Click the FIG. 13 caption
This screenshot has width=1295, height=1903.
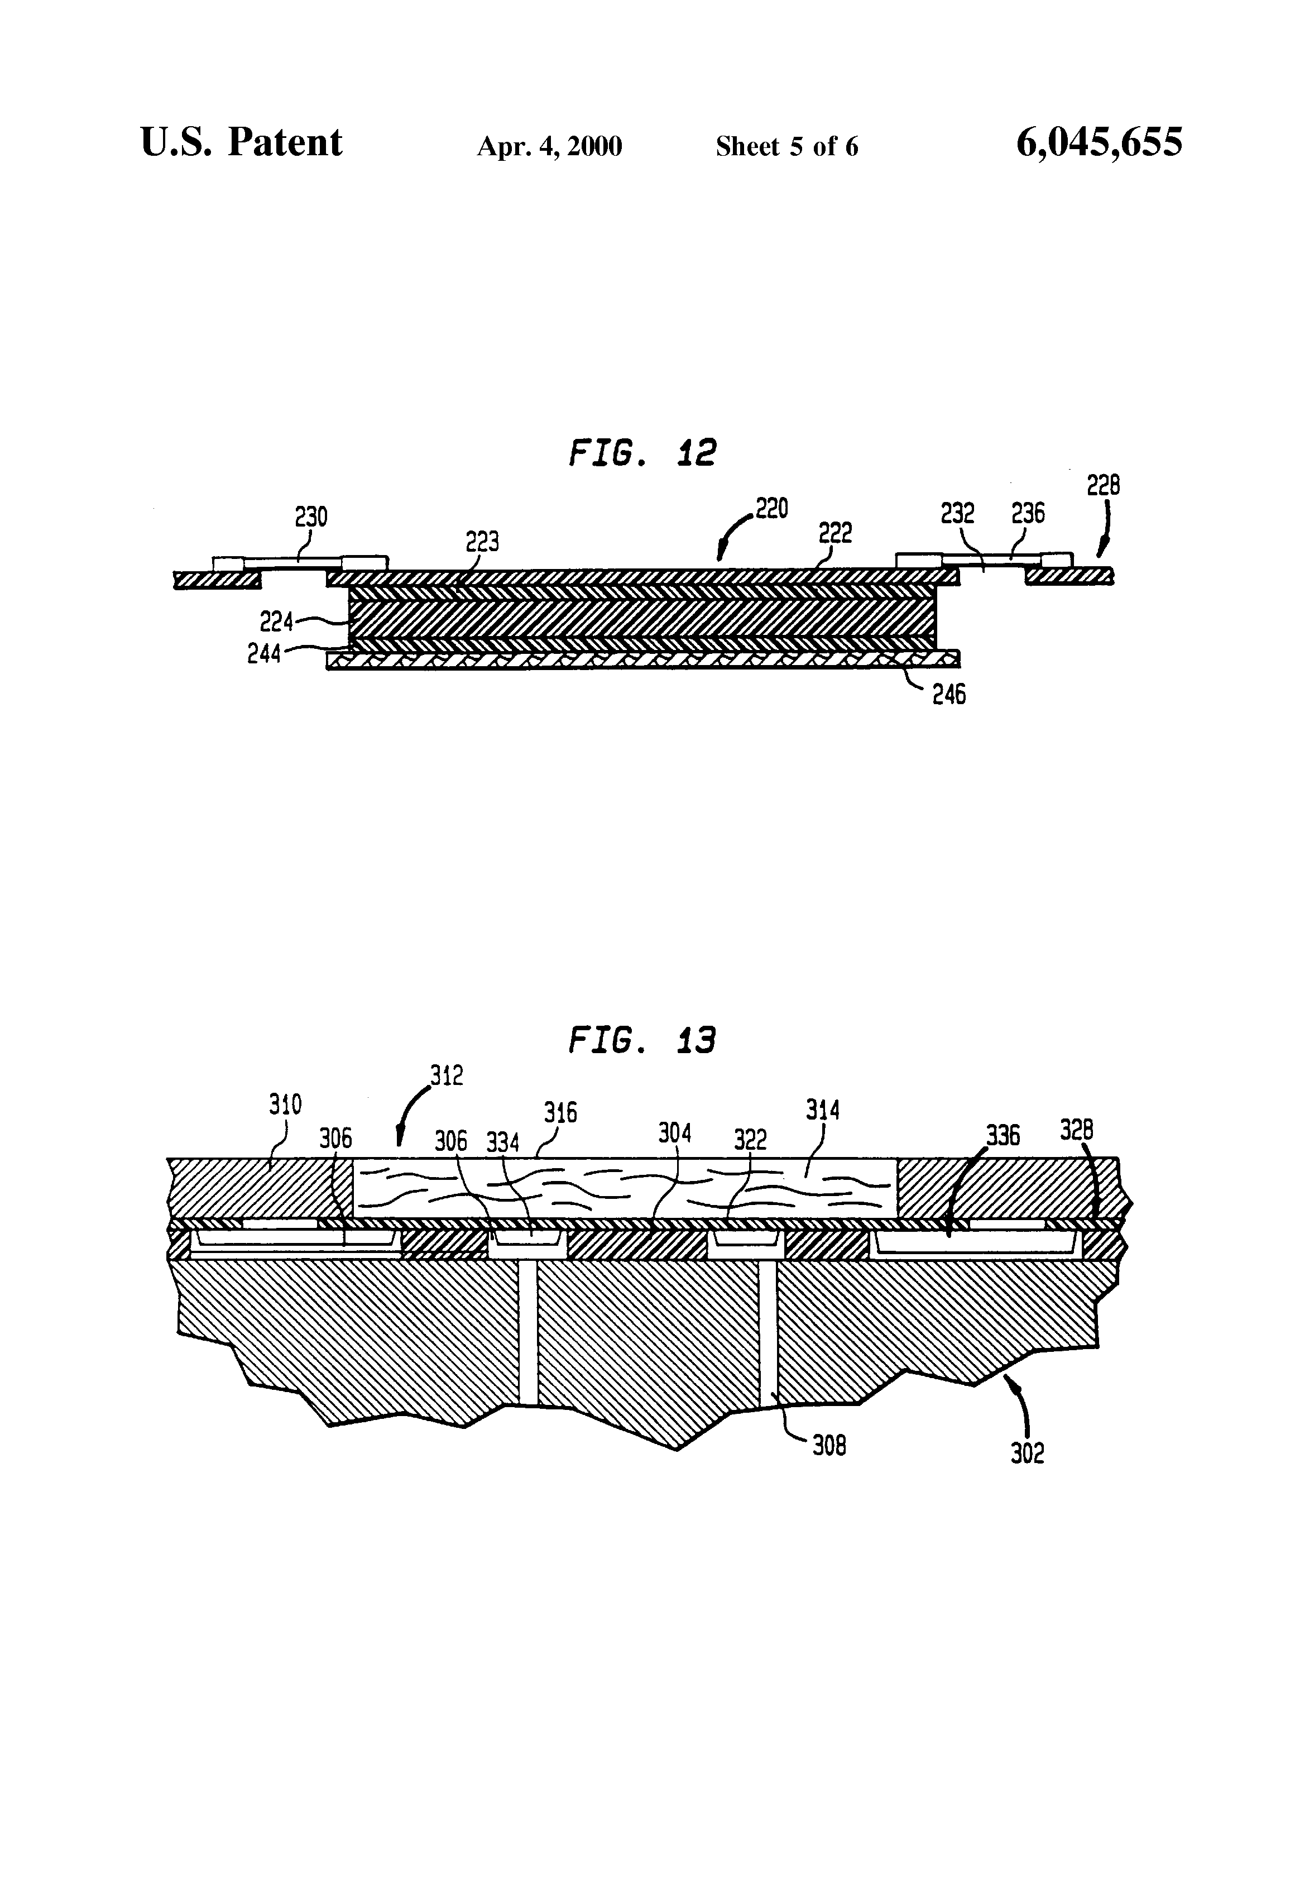642,1041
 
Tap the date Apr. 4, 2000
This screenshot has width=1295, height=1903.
549,146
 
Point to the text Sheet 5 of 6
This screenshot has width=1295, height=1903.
786,146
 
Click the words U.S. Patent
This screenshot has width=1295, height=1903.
242,142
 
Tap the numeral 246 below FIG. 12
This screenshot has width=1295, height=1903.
949,695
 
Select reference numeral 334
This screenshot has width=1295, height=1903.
502,1143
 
